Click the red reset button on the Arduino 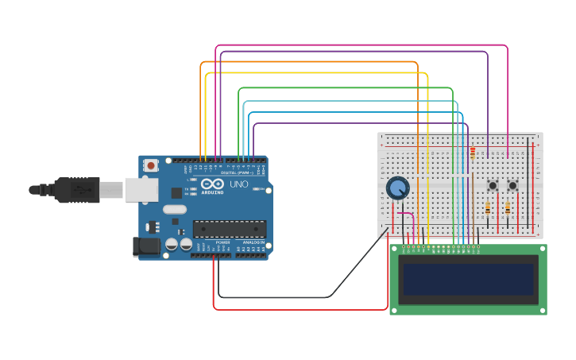click(151, 165)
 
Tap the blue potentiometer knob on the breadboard click(397, 188)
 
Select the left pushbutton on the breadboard click(493, 186)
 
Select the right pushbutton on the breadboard click(512, 186)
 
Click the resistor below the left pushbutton click(488, 209)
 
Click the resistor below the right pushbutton click(508, 209)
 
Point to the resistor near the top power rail click(473, 152)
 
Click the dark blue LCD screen click(468, 279)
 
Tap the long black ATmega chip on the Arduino click(230, 229)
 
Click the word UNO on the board click(239, 184)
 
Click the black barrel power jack click(147, 246)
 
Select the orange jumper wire click(310, 61)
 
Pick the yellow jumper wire click(318, 72)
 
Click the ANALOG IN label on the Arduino click(253, 242)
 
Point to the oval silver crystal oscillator click(175, 210)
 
